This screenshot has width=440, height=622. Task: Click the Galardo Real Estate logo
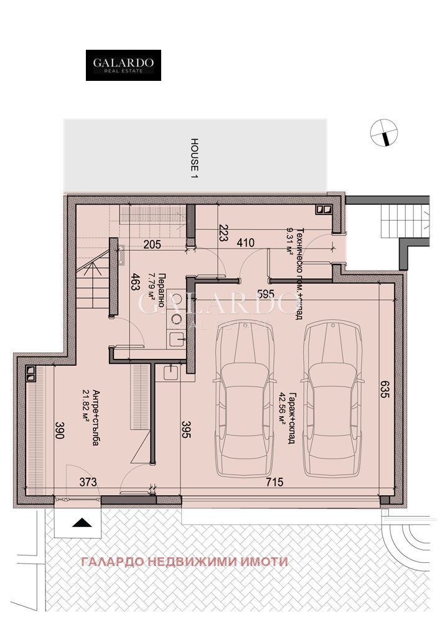click(x=123, y=65)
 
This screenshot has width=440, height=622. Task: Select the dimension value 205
click(x=152, y=244)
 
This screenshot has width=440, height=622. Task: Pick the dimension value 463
click(x=134, y=283)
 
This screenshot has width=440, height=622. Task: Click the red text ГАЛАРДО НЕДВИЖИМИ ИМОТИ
click(x=184, y=562)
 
